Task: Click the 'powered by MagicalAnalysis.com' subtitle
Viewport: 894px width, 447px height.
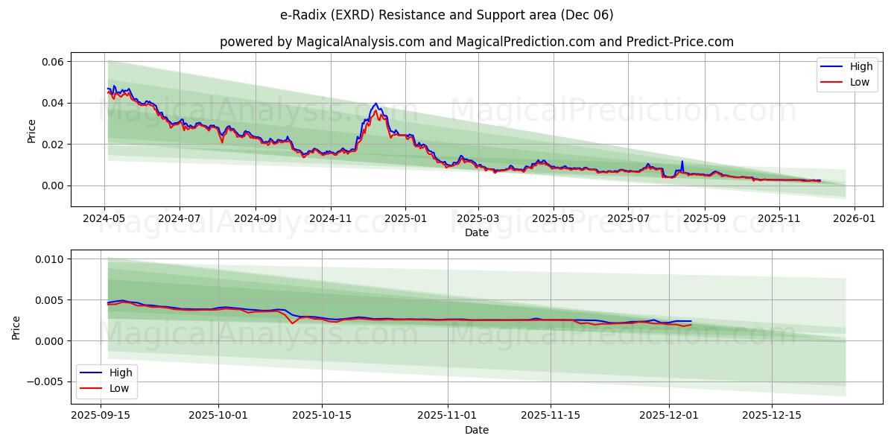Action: tap(477, 42)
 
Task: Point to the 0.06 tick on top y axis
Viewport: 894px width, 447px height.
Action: tap(51, 61)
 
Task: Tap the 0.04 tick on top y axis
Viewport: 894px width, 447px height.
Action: tap(51, 103)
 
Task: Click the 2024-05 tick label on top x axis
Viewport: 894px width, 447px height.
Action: tap(104, 219)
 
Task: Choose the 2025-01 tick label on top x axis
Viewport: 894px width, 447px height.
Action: tap(405, 219)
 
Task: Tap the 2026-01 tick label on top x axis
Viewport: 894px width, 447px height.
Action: tap(854, 219)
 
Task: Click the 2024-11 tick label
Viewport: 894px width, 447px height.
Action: tap(330, 219)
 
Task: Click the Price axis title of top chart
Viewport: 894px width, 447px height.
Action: tap(31, 130)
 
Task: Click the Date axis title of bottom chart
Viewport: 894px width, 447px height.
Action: tap(477, 430)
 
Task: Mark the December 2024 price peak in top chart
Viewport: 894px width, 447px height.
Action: tap(375, 104)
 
